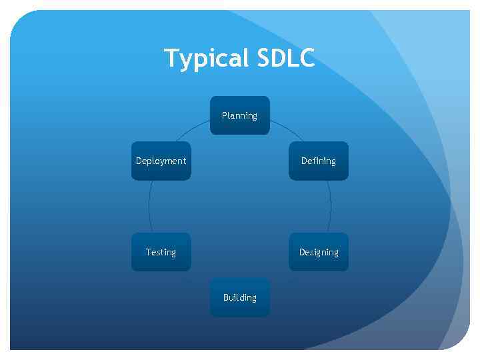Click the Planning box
click(239, 115)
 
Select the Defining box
click(318, 161)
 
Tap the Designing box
click(318, 252)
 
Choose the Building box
click(239, 297)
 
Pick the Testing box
click(161, 252)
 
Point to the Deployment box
click(161, 161)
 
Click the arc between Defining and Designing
click(331, 207)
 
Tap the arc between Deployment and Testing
click(149, 207)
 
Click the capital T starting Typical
click(171, 58)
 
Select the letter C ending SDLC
click(307, 58)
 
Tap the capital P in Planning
click(225, 115)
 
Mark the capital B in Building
click(226, 297)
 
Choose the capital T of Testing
click(149, 252)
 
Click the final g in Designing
click(335, 253)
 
